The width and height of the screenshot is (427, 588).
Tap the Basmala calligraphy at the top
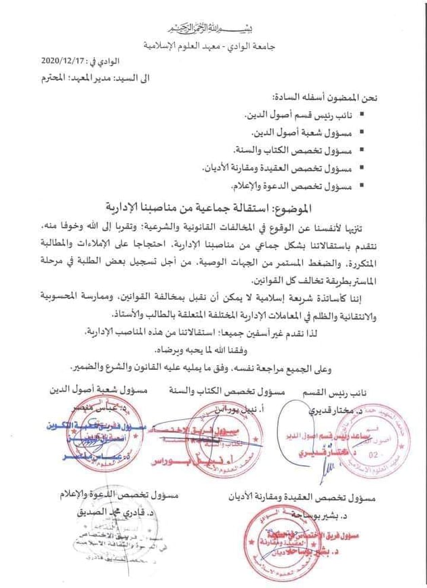(x=215, y=29)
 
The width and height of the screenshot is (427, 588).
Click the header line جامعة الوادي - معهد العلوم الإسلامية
(x=215, y=46)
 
